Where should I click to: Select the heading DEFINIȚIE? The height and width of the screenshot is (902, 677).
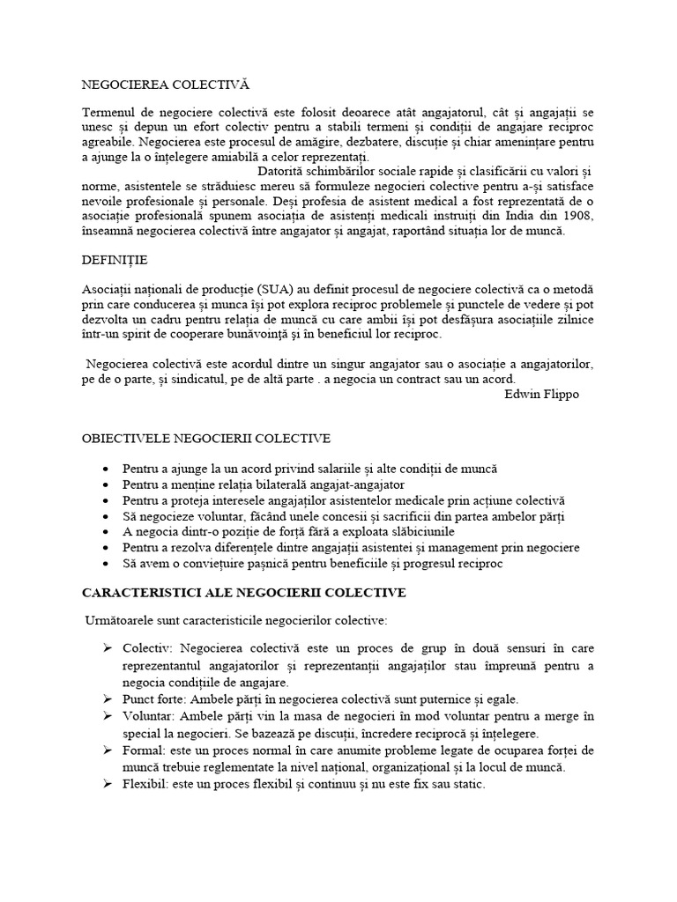point(115,261)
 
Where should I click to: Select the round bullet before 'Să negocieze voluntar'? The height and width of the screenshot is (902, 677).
point(107,515)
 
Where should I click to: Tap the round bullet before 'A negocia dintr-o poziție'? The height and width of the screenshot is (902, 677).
point(107,531)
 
